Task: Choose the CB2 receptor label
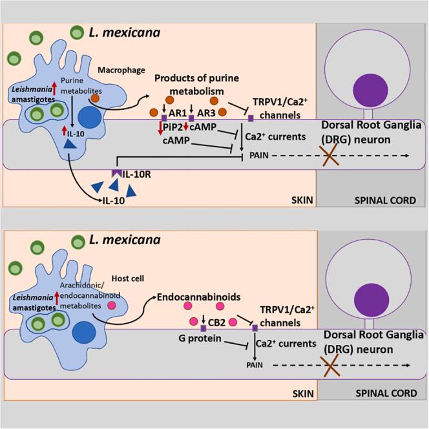coord(216,320)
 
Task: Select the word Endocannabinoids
coord(195,298)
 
